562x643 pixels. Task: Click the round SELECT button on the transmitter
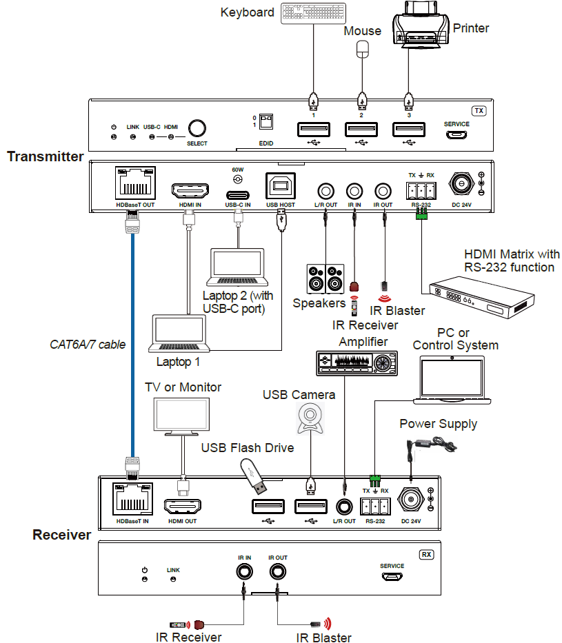[197, 128]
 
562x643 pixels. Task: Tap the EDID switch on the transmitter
[265, 122]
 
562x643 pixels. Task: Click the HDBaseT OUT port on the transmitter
[135, 183]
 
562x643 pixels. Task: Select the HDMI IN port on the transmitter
[190, 191]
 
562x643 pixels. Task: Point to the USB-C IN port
[237, 195]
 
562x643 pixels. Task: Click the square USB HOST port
[281, 186]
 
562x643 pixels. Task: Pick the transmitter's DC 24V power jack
[461, 183]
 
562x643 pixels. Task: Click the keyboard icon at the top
[313, 13]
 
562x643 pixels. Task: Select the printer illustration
[420, 25]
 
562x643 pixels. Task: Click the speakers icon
[325, 279]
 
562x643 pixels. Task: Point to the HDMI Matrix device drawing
[481, 296]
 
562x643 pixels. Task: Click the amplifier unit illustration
[357, 363]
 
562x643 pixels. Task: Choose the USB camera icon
[310, 418]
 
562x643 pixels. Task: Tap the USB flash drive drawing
[253, 476]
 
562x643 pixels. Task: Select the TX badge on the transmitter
[479, 111]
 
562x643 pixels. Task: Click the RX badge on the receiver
[427, 554]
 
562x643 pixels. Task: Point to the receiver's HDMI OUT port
[183, 507]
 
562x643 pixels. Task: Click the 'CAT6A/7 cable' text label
[88, 345]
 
